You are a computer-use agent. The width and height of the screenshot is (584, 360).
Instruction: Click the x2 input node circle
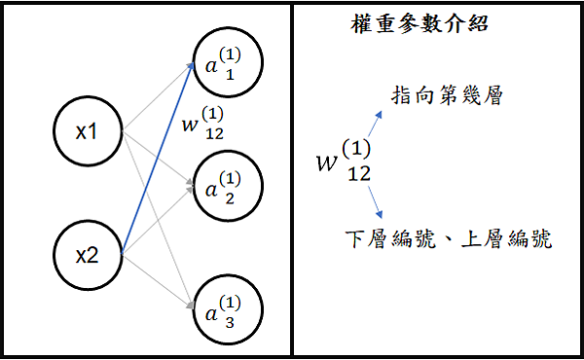point(88,256)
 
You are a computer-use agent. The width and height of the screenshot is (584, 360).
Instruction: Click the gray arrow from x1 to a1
point(156,97)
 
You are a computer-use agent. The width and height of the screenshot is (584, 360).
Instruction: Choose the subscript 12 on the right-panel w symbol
point(358,174)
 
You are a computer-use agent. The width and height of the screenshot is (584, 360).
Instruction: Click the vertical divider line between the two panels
point(293,180)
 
